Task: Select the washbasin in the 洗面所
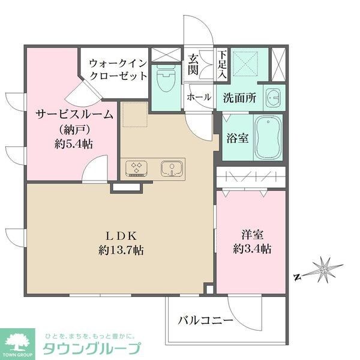274,97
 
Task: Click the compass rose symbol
325,269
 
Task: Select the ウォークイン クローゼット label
118,69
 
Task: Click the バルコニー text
206,321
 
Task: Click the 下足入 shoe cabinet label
222,64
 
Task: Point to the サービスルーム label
74,115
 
